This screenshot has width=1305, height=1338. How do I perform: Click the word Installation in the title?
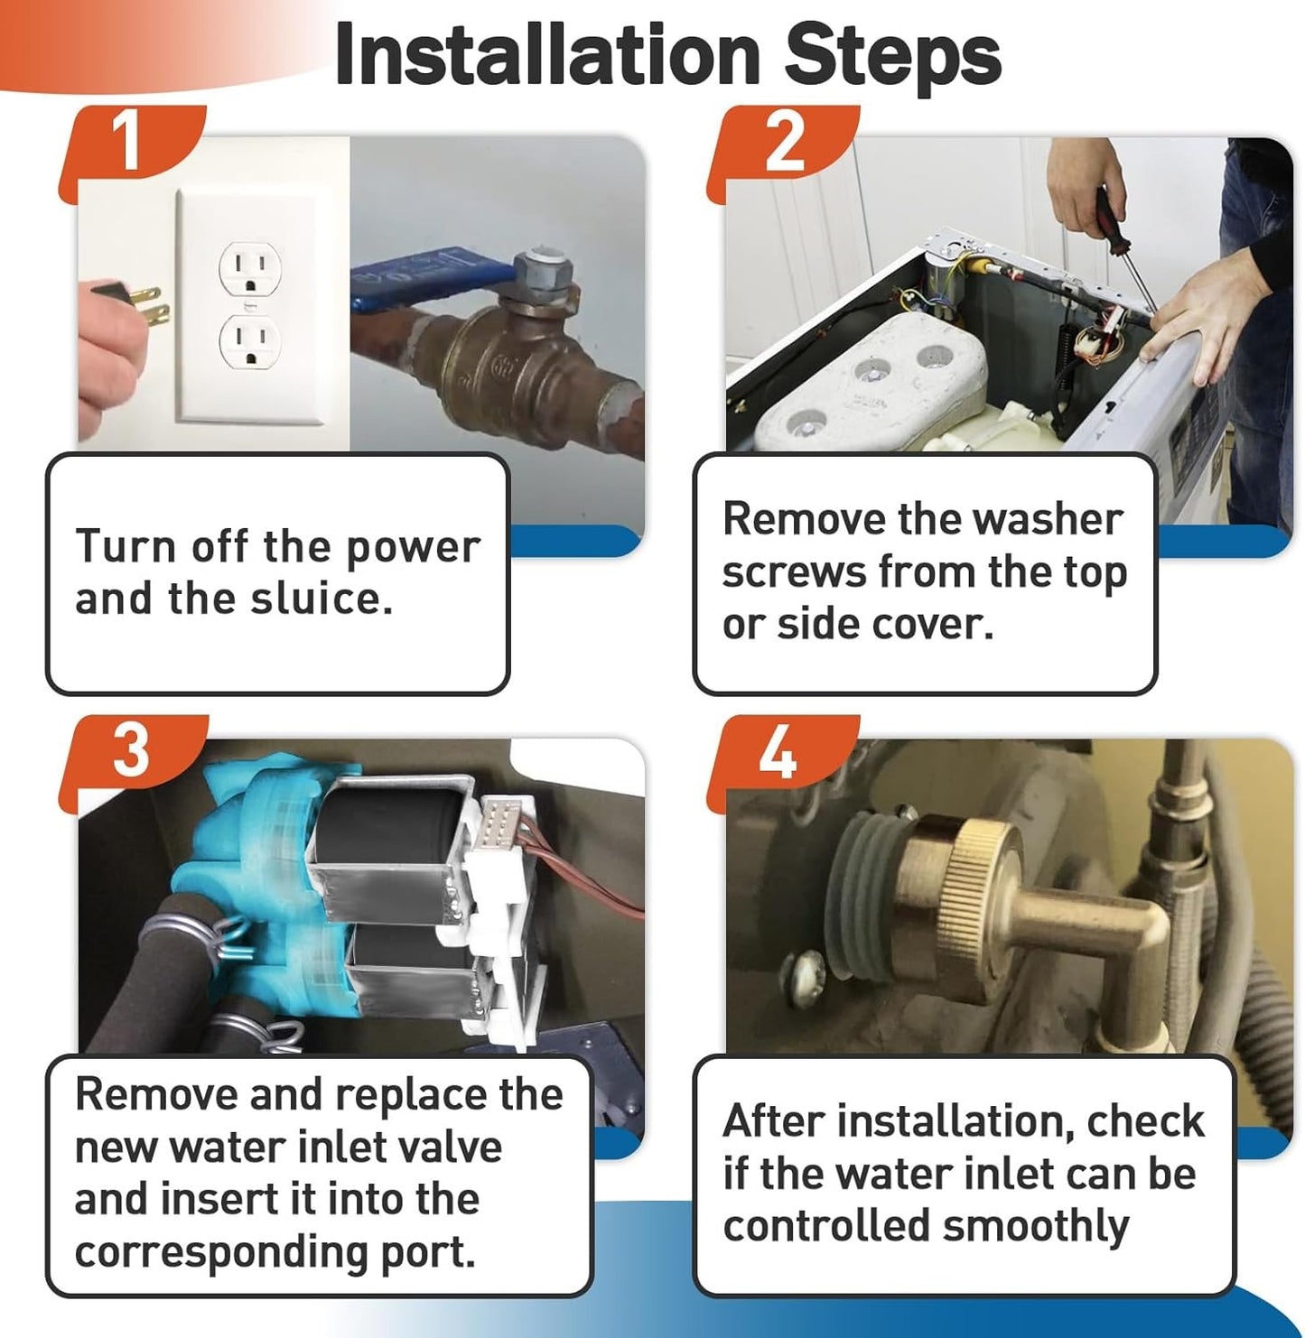coord(547,53)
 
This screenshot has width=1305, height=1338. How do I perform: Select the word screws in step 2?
coord(794,573)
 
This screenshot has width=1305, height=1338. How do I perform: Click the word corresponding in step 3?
coord(219,1253)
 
